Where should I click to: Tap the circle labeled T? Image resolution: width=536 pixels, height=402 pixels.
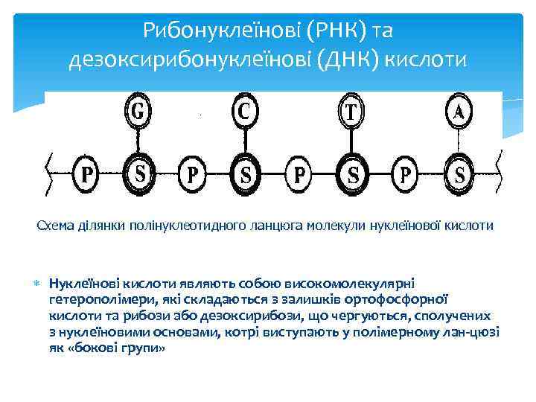[352, 112]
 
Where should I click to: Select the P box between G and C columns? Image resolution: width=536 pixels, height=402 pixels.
[193, 173]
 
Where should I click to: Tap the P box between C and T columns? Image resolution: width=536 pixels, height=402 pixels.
[299, 173]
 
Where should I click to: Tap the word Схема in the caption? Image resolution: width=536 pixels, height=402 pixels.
[57, 226]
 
